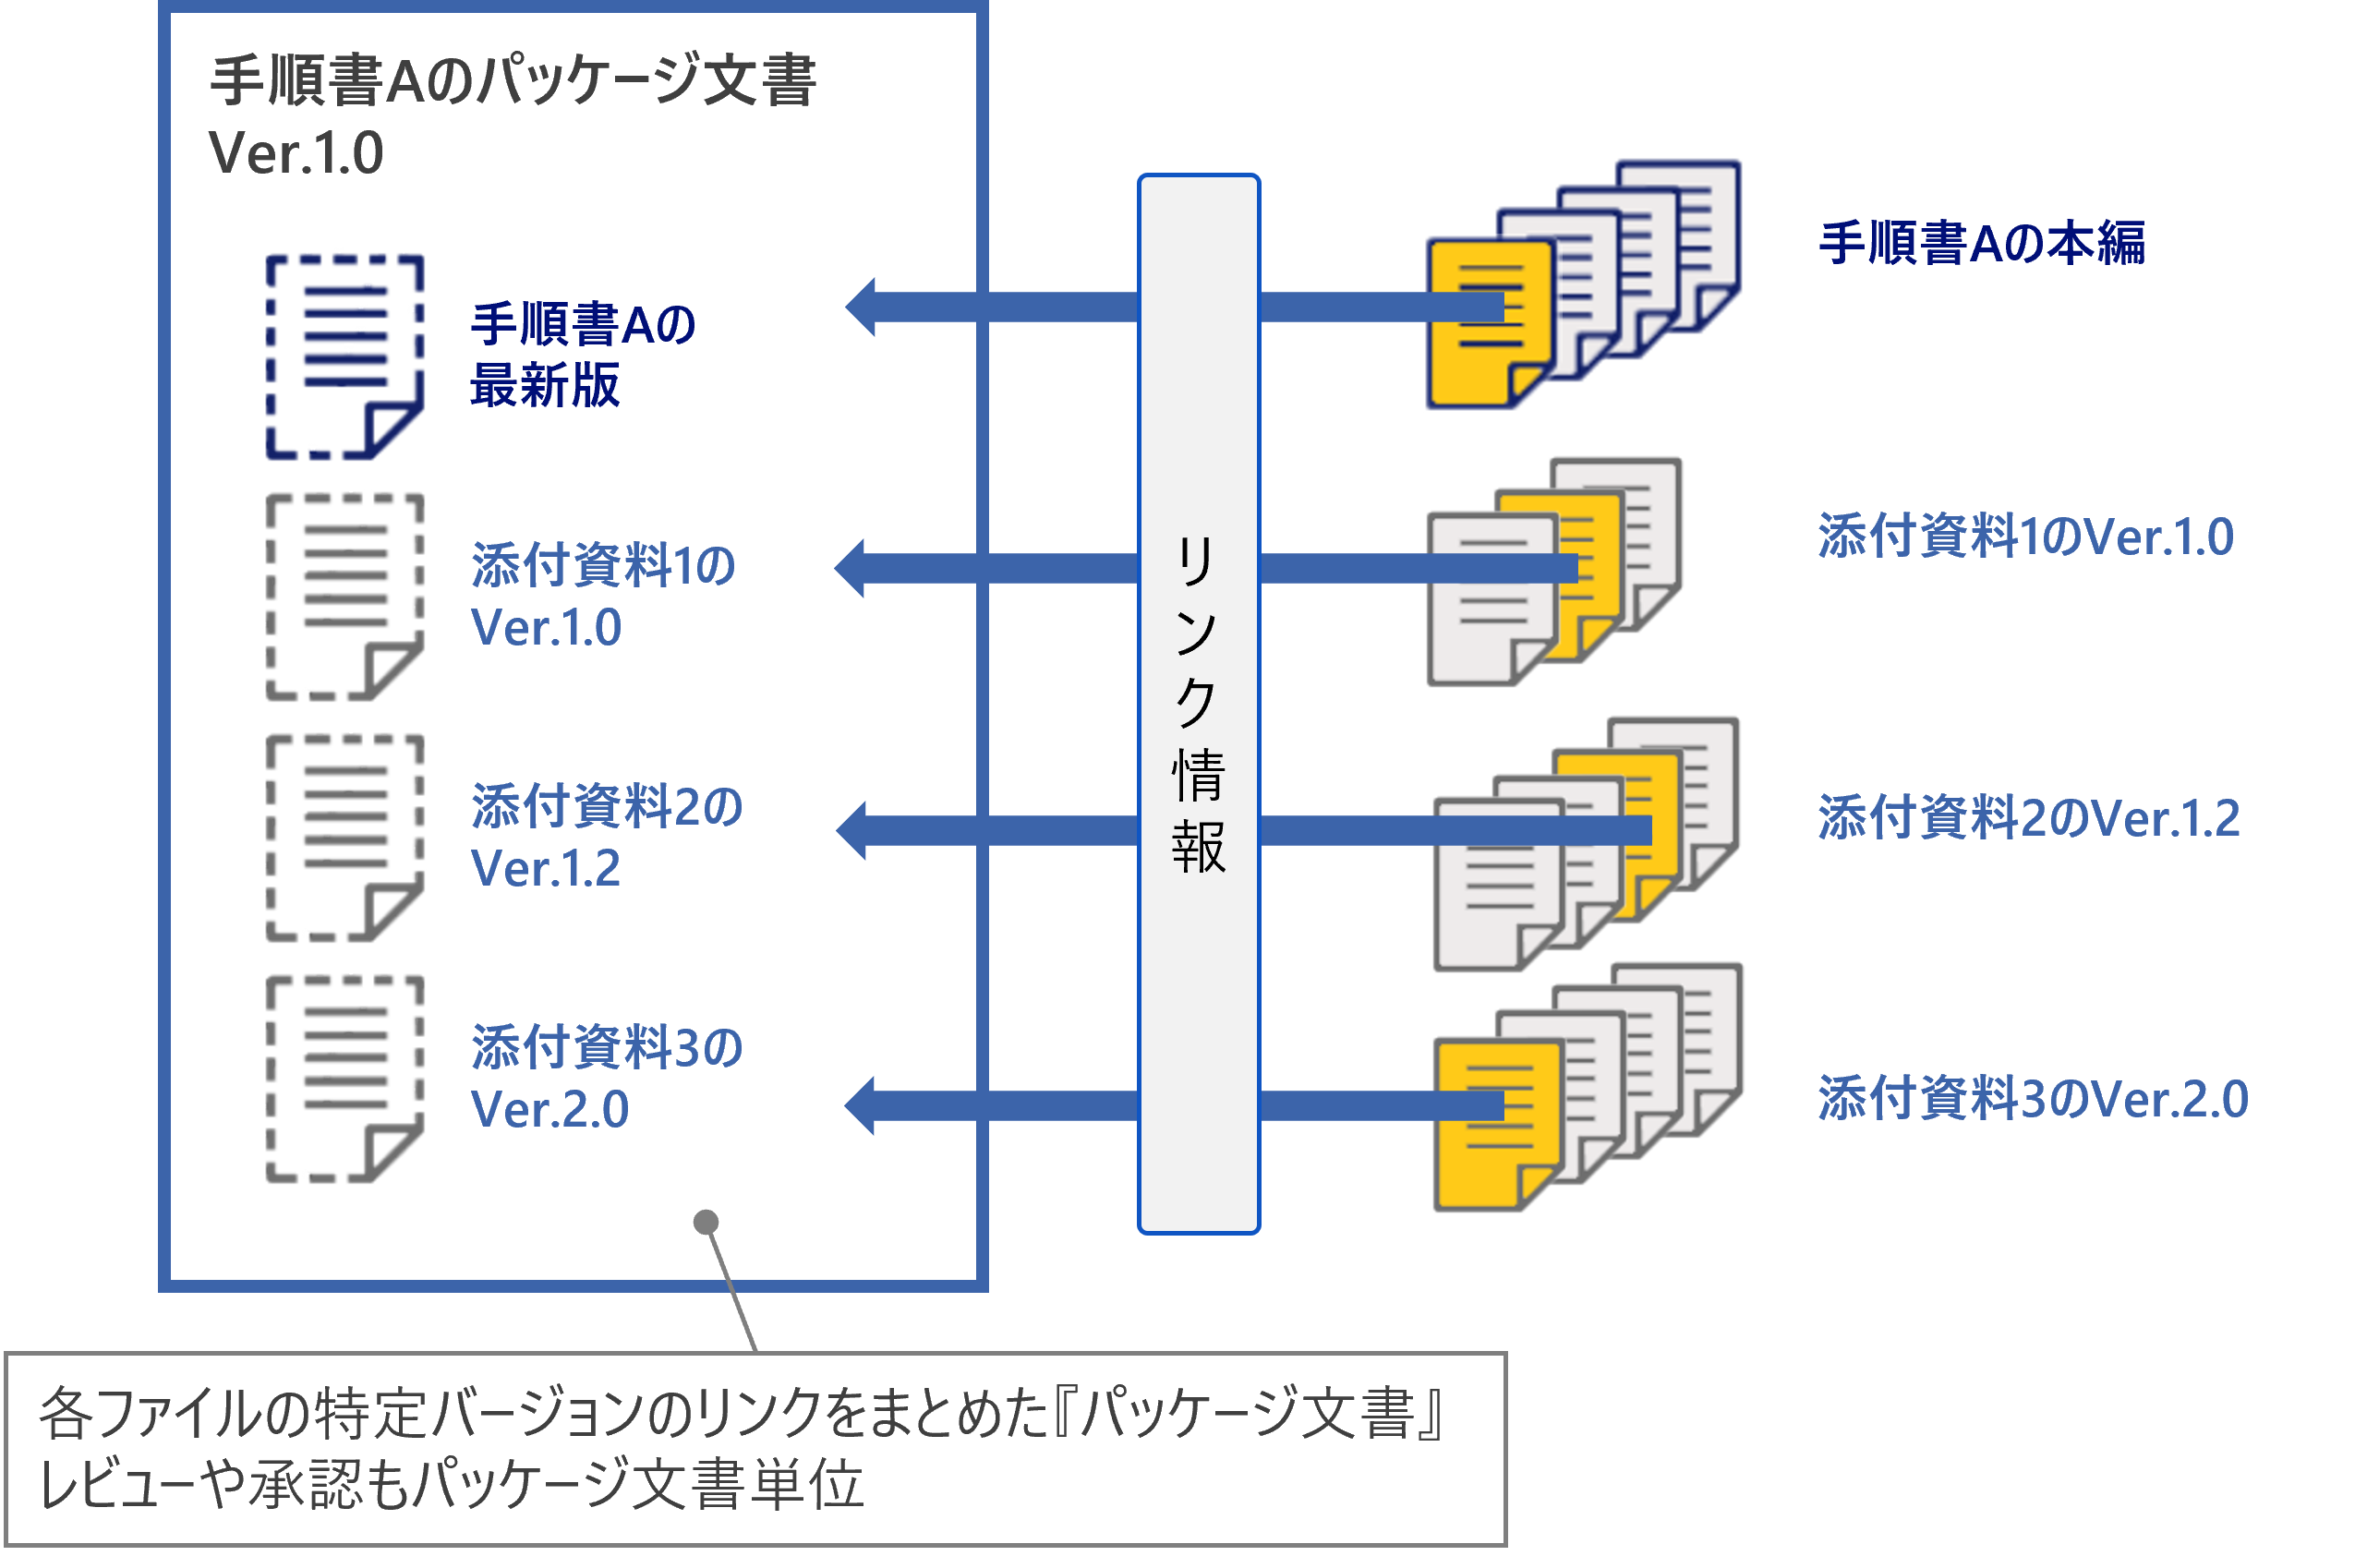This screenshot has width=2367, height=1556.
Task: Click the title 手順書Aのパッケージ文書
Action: click(x=513, y=81)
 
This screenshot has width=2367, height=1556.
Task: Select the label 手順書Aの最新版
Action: click(x=582, y=354)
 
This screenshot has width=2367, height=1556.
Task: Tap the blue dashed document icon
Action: click(x=344, y=356)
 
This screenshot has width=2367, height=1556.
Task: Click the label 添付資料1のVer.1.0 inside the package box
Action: click(x=602, y=596)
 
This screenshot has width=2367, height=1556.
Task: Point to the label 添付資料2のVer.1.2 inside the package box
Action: click(x=606, y=836)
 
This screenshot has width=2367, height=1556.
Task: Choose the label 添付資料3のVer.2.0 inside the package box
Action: click(x=606, y=1078)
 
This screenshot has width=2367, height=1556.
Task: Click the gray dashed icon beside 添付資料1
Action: click(x=344, y=597)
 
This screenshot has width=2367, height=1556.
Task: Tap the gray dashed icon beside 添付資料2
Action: click(x=344, y=838)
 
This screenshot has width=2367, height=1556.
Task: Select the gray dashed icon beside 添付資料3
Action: click(x=344, y=1079)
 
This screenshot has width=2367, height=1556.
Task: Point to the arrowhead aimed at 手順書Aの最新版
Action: click(x=862, y=308)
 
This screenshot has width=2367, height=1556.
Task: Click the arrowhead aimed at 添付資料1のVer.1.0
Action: click(x=851, y=568)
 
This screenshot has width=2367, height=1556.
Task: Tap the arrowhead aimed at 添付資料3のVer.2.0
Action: click(x=861, y=1104)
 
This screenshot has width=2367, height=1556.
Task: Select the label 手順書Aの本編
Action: click(x=1981, y=244)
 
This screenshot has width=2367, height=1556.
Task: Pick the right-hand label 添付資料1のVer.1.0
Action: click(x=2025, y=537)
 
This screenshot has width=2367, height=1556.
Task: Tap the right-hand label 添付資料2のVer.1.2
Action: click(x=2029, y=818)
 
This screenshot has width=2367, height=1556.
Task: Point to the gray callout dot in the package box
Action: click(x=706, y=1222)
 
